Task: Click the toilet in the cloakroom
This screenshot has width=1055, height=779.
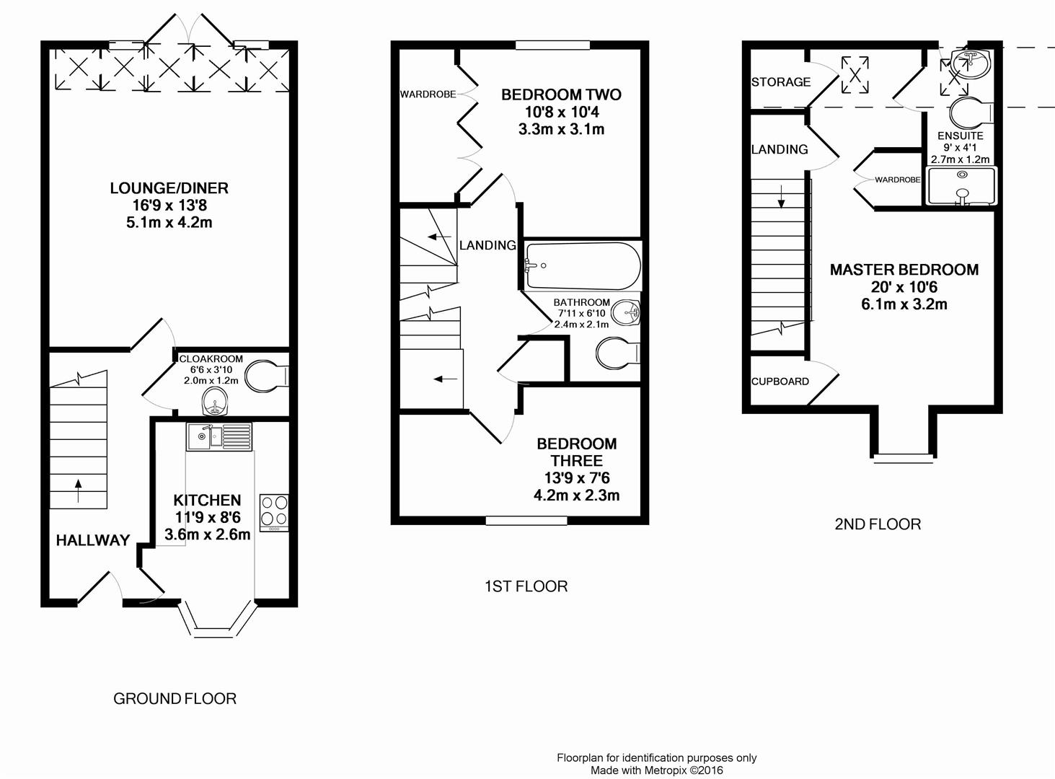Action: click(266, 376)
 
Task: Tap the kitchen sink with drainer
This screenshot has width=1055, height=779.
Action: click(219, 436)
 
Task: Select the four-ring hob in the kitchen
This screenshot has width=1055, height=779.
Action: click(274, 513)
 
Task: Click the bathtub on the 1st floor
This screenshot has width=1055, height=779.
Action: click(583, 266)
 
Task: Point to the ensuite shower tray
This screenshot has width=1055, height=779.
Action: click(961, 186)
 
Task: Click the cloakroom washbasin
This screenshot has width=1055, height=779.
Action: click(215, 401)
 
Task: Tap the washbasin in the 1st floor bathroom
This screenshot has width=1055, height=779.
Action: click(625, 312)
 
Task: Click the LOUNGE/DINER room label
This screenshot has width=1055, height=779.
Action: click(169, 188)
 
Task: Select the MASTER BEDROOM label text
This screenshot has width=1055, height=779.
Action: click(904, 270)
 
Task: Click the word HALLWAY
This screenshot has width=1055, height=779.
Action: click(93, 540)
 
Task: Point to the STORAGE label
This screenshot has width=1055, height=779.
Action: click(780, 82)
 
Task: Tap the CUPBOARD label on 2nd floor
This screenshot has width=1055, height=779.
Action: click(780, 381)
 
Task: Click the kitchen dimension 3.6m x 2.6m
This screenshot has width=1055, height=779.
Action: click(208, 534)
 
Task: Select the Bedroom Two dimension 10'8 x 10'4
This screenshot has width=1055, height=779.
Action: click(562, 112)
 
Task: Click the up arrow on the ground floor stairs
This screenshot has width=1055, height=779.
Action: click(79, 491)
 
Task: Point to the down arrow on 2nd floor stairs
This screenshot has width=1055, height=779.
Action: click(781, 196)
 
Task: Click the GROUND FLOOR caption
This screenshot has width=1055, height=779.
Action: click(175, 699)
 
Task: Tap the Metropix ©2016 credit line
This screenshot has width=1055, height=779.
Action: click(657, 770)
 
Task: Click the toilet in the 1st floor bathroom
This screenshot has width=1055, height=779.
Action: click(618, 353)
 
